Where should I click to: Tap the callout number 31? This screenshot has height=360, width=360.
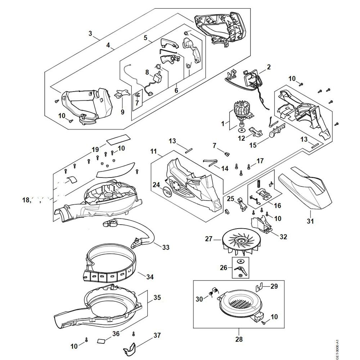coord(310,221)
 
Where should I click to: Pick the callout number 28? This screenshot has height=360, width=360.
coord(239,339)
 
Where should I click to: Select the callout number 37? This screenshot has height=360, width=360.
coord(157,335)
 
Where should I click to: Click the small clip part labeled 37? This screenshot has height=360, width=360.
coord(131,348)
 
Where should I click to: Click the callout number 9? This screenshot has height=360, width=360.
coord(122,112)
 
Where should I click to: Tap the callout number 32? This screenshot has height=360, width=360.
coord(284,237)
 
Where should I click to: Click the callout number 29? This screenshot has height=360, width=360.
coord(275,287)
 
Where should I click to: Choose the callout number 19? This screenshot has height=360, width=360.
coord(95,149)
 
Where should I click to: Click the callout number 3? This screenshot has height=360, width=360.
coord(91,34)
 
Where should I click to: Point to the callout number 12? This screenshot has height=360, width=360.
coord(240,138)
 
